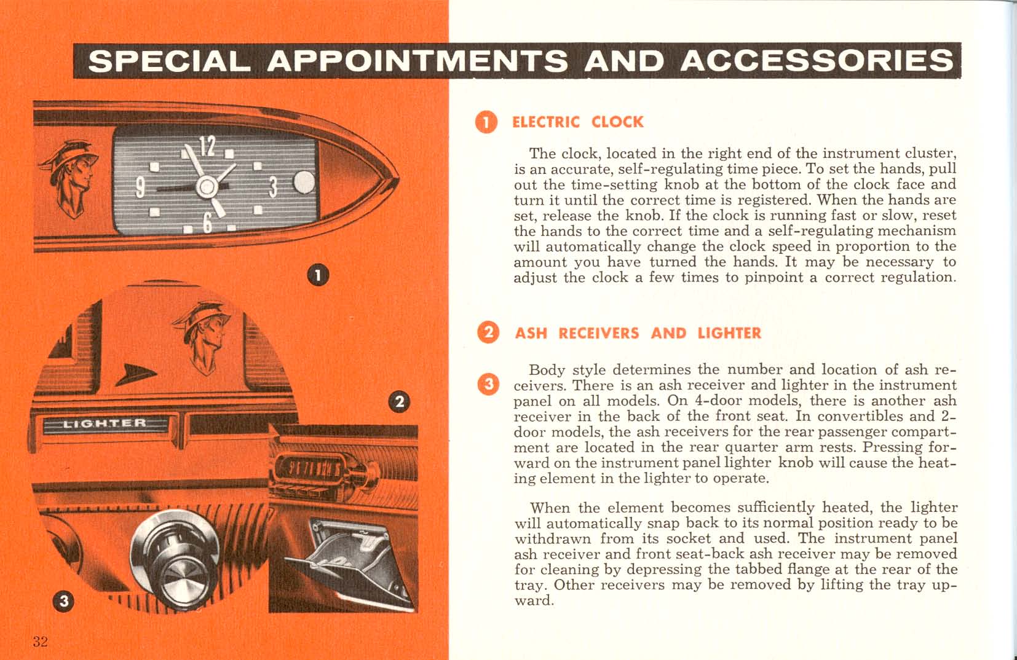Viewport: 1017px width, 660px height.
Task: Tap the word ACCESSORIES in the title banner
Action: [x=817, y=61]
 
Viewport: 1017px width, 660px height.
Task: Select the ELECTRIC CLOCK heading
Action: [x=577, y=122]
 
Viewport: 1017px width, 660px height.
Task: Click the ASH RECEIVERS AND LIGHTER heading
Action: [x=638, y=333]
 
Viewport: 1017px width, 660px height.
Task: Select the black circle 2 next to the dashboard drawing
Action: [x=398, y=402]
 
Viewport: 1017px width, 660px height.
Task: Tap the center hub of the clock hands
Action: [x=207, y=186]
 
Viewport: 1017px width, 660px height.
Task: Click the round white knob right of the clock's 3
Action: [x=304, y=183]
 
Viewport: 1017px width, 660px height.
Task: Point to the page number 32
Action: [x=41, y=642]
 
